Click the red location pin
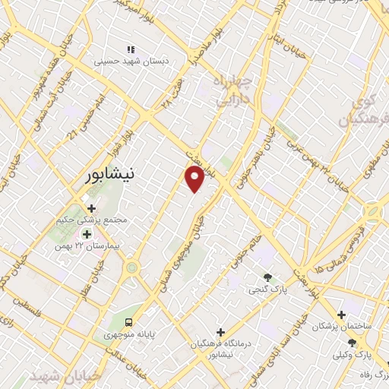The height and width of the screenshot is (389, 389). [x=194, y=179]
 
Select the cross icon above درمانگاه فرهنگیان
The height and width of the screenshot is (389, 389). [x=220, y=332]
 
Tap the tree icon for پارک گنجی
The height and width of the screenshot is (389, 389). [x=266, y=277]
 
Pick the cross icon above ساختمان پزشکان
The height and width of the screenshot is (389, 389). [x=341, y=313]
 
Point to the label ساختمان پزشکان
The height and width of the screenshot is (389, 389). [x=345, y=325]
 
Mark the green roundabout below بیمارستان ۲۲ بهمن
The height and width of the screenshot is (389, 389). [x=132, y=267]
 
